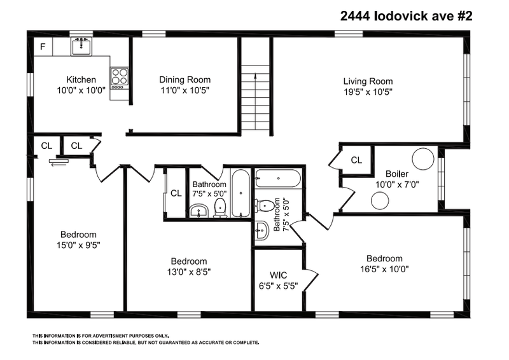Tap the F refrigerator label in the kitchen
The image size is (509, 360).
(43, 46)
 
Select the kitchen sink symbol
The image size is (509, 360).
(81, 46)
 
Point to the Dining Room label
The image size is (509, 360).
(185, 80)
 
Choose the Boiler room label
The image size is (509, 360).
(396, 174)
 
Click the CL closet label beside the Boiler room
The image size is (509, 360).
(356, 160)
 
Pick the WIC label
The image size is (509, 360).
(279, 275)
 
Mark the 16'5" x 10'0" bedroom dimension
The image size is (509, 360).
(384, 269)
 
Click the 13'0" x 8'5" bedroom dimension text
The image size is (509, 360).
(188, 272)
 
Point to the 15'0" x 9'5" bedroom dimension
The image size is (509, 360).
(78, 244)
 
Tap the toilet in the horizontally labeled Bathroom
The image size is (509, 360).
(220, 207)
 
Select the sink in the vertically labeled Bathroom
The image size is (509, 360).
(261, 231)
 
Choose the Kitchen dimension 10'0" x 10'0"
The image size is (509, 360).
(81, 90)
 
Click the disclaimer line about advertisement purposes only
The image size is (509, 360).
(101, 336)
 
